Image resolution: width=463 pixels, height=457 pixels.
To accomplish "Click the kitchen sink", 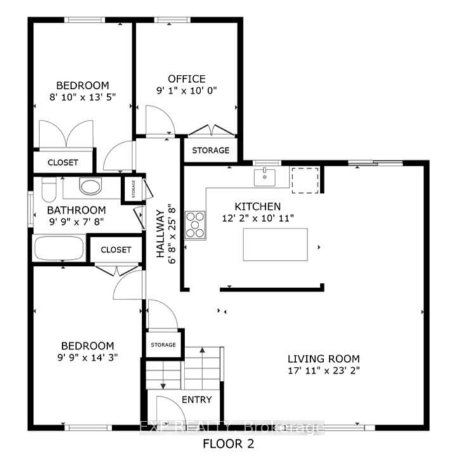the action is [x=264, y=177].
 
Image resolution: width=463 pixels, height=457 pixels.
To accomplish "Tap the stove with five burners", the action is [x=195, y=225].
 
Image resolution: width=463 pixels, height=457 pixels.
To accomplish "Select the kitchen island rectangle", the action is [x=275, y=244].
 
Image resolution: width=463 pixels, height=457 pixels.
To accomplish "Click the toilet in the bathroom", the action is [x=49, y=189].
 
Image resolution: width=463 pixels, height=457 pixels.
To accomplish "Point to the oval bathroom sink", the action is [x=90, y=186].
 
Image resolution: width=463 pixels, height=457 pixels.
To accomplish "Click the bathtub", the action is [x=59, y=248].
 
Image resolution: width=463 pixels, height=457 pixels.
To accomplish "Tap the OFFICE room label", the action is [x=186, y=79].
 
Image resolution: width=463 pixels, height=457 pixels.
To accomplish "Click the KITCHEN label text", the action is [x=258, y=206].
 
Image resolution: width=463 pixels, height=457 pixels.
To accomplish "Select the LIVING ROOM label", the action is [x=323, y=359].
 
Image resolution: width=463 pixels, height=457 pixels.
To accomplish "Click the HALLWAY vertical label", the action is [x=160, y=234].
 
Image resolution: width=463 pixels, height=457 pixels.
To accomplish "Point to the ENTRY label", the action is [x=197, y=400].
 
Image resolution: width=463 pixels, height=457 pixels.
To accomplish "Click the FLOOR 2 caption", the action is [x=228, y=444].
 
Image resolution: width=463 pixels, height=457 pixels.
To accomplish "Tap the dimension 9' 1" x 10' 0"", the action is [x=186, y=90].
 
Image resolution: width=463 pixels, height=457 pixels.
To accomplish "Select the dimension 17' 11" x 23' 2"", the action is [x=323, y=371].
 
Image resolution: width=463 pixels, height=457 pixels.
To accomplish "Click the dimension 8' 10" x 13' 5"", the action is [x=82, y=97].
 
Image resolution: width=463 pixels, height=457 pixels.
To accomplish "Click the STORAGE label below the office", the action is [x=211, y=150].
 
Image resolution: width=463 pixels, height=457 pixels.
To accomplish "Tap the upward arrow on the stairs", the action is [x=202, y=368].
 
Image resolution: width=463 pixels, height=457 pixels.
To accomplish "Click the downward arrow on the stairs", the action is [x=163, y=375].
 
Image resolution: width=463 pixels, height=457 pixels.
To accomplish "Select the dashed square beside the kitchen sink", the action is [x=305, y=180].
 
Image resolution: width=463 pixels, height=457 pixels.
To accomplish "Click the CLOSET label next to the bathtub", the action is [x=115, y=249].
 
